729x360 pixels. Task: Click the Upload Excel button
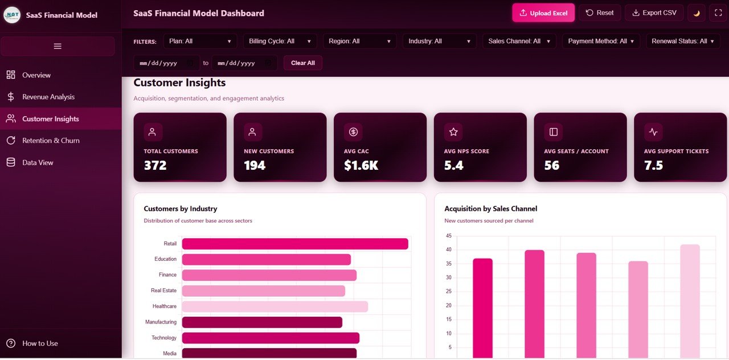[543, 13]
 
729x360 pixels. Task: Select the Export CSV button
[653, 13]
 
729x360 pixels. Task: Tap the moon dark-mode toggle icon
[696, 13]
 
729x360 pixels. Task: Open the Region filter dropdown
[359, 41]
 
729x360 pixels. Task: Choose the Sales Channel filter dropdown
[519, 41]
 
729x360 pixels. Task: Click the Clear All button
[302, 63]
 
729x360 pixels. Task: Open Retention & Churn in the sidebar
[51, 141]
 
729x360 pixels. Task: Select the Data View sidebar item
[38, 162]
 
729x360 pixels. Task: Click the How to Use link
[40, 343]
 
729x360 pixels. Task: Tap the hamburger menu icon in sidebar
[58, 46]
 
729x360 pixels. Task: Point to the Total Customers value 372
[155, 165]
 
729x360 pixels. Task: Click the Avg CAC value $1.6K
[361, 165]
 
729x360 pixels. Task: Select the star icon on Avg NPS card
[453, 132]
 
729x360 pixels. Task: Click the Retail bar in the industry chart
[295, 244]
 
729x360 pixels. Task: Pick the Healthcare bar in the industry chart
[275, 306]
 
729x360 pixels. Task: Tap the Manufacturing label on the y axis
[161, 322]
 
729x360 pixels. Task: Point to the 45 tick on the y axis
[448, 236]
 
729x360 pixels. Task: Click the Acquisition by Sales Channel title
[490, 208]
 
